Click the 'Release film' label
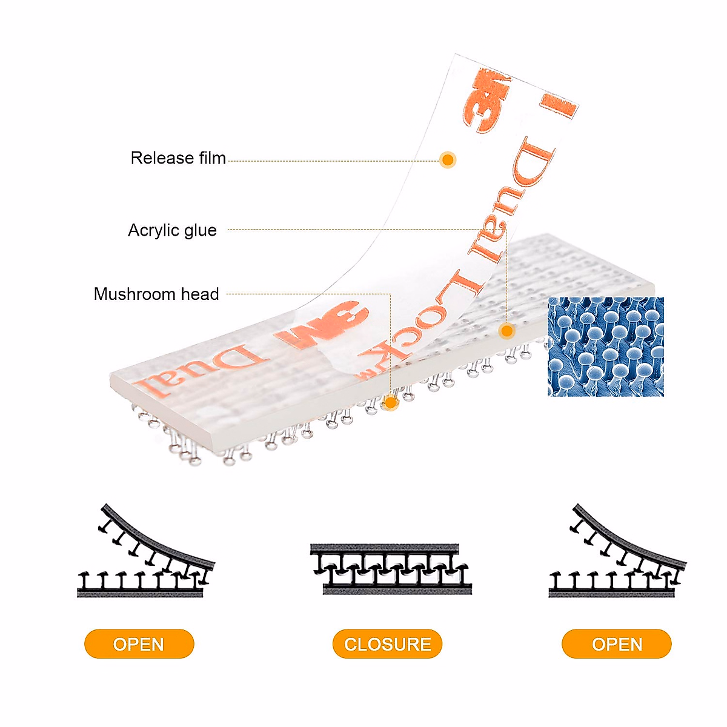point(178,158)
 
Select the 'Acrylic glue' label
point(173,230)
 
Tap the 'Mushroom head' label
point(156,294)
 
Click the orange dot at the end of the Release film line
point(448,160)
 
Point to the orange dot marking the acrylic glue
point(506,331)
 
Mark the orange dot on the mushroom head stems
point(391,402)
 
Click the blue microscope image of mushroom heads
point(605,347)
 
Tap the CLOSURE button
point(387,644)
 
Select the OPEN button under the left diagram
point(139,644)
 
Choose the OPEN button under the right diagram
point(617,644)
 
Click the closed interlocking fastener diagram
point(391,569)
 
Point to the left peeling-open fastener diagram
point(146,551)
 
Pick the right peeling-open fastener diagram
point(617,551)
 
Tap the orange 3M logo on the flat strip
point(322,325)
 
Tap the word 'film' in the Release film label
point(213,158)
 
